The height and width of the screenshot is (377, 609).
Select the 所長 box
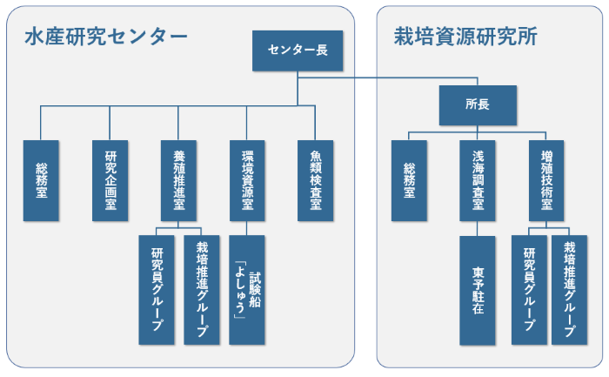point(478,104)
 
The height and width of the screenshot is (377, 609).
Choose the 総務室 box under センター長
point(41,179)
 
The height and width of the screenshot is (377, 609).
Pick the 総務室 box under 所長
point(409,179)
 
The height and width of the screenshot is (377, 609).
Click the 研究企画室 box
point(110,179)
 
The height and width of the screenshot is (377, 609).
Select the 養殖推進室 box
point(178,179)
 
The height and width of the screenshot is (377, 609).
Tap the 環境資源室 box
point(247,179)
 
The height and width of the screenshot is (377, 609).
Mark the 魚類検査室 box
point(315,179)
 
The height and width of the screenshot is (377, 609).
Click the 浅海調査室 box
point(478,179)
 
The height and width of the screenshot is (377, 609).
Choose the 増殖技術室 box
point(546,179)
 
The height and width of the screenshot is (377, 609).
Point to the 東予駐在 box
point(478,290)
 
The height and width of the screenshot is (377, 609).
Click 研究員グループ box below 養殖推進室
point(157,290)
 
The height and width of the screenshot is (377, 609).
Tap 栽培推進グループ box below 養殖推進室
point(202,290)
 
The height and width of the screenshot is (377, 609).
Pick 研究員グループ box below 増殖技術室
point(529,290)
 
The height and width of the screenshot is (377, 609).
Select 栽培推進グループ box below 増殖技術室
point(570,290)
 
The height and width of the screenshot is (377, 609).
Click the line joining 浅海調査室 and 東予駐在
point(478,227)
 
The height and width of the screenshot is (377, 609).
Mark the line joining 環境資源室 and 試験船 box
point(247,227)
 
